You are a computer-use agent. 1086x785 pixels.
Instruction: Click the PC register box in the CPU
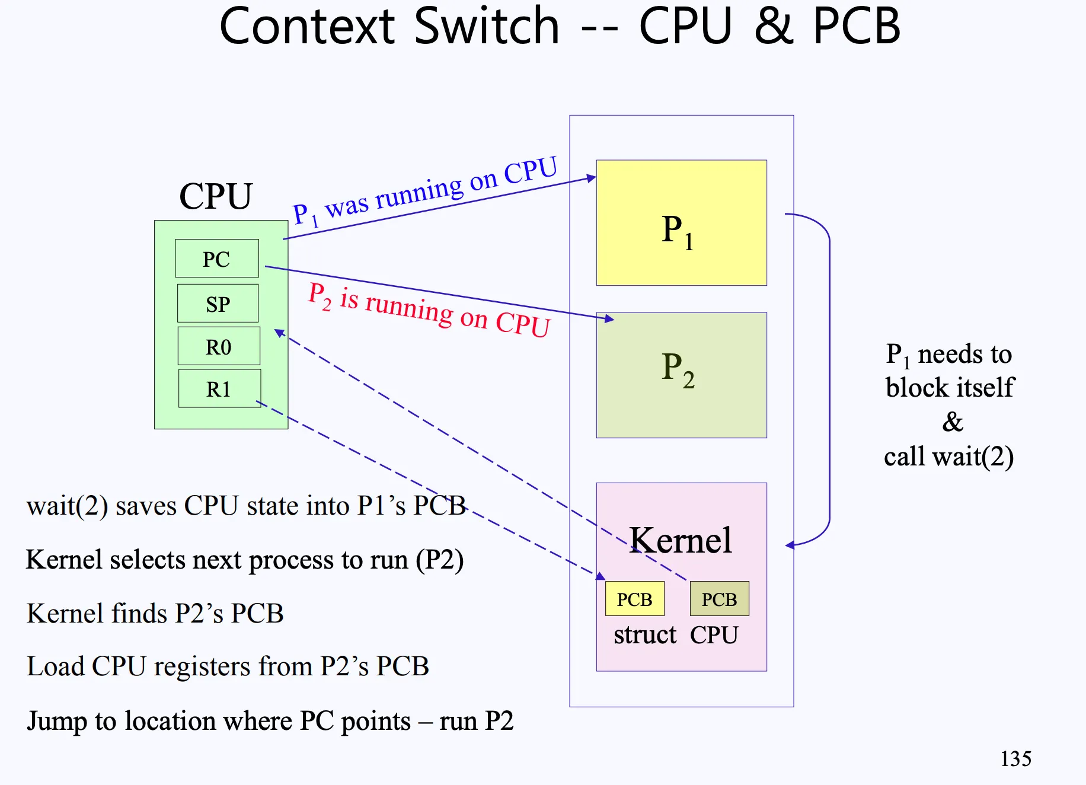click(x=217, y=259)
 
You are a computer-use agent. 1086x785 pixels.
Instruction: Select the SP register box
click(x=218, y=304)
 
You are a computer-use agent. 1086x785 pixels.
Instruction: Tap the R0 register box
click(x=218, y=346)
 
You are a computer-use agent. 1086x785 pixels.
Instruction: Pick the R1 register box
click(x=219, y=389)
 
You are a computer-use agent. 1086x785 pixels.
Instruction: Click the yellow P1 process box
click(x=681, y=223)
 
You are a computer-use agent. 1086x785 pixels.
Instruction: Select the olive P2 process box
click(x=681, y=375)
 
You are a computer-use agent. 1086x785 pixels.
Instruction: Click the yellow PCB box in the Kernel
click(x=634, y=599)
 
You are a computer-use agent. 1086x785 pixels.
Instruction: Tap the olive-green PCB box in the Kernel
click(x=719, y=599)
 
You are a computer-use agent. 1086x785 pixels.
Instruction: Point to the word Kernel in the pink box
click(x=681, y=540)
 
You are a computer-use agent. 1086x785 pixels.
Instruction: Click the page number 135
click(x=1015, y=758)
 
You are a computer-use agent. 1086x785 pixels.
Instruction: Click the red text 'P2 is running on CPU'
click(x=429, y=309)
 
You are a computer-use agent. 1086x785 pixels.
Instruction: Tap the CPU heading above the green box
click(x=216, y=196)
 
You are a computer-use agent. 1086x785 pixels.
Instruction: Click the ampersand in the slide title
click(x=774, y=26)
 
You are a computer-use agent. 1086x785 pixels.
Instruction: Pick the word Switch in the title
click(x=487, y=26)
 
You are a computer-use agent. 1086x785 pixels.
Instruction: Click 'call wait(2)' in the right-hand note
click(x=948, y=457)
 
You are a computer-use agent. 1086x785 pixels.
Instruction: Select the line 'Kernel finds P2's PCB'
click(x=155, y=613)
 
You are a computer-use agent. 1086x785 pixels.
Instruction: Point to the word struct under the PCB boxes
click(x=644, y=635)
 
